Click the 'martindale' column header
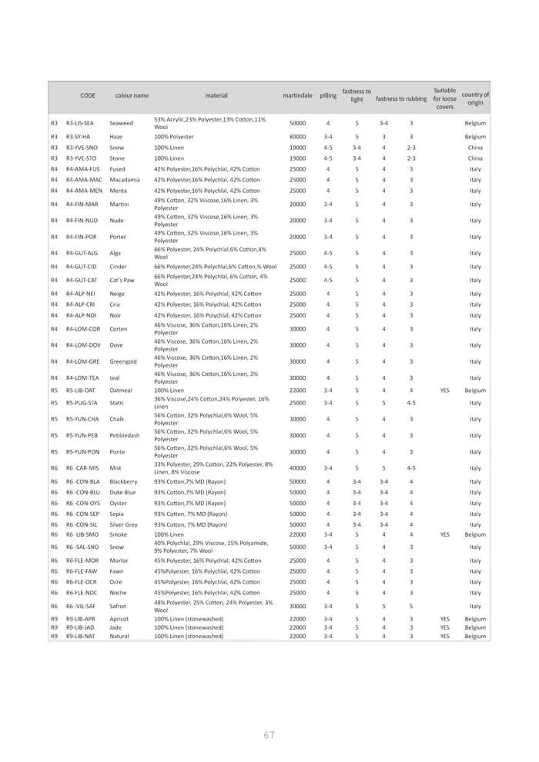click(x=297, y=95)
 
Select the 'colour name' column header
click(x=132, y=95)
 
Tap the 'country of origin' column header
click(x=475, y=98)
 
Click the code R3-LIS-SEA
click(x=80, y=123)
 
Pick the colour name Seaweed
click(x=121, y=123)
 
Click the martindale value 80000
click(x=297, y=137)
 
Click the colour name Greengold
click(x=126, y=361)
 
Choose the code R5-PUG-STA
click(x=82, y=403)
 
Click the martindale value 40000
click(x=297, y=468)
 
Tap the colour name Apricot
click(x=120, y=618)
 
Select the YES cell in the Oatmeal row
click(x=444, y=390)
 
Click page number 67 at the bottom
click(x=269, y=735)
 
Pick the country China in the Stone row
click(x=475, y=158)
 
